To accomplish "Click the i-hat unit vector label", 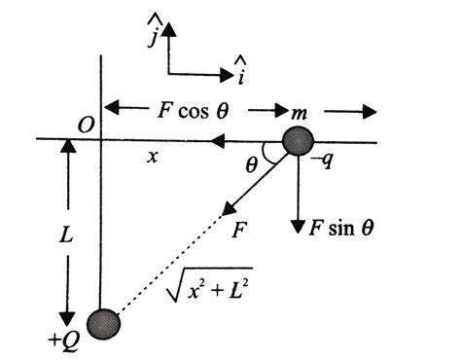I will click(x=239, y=69).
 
